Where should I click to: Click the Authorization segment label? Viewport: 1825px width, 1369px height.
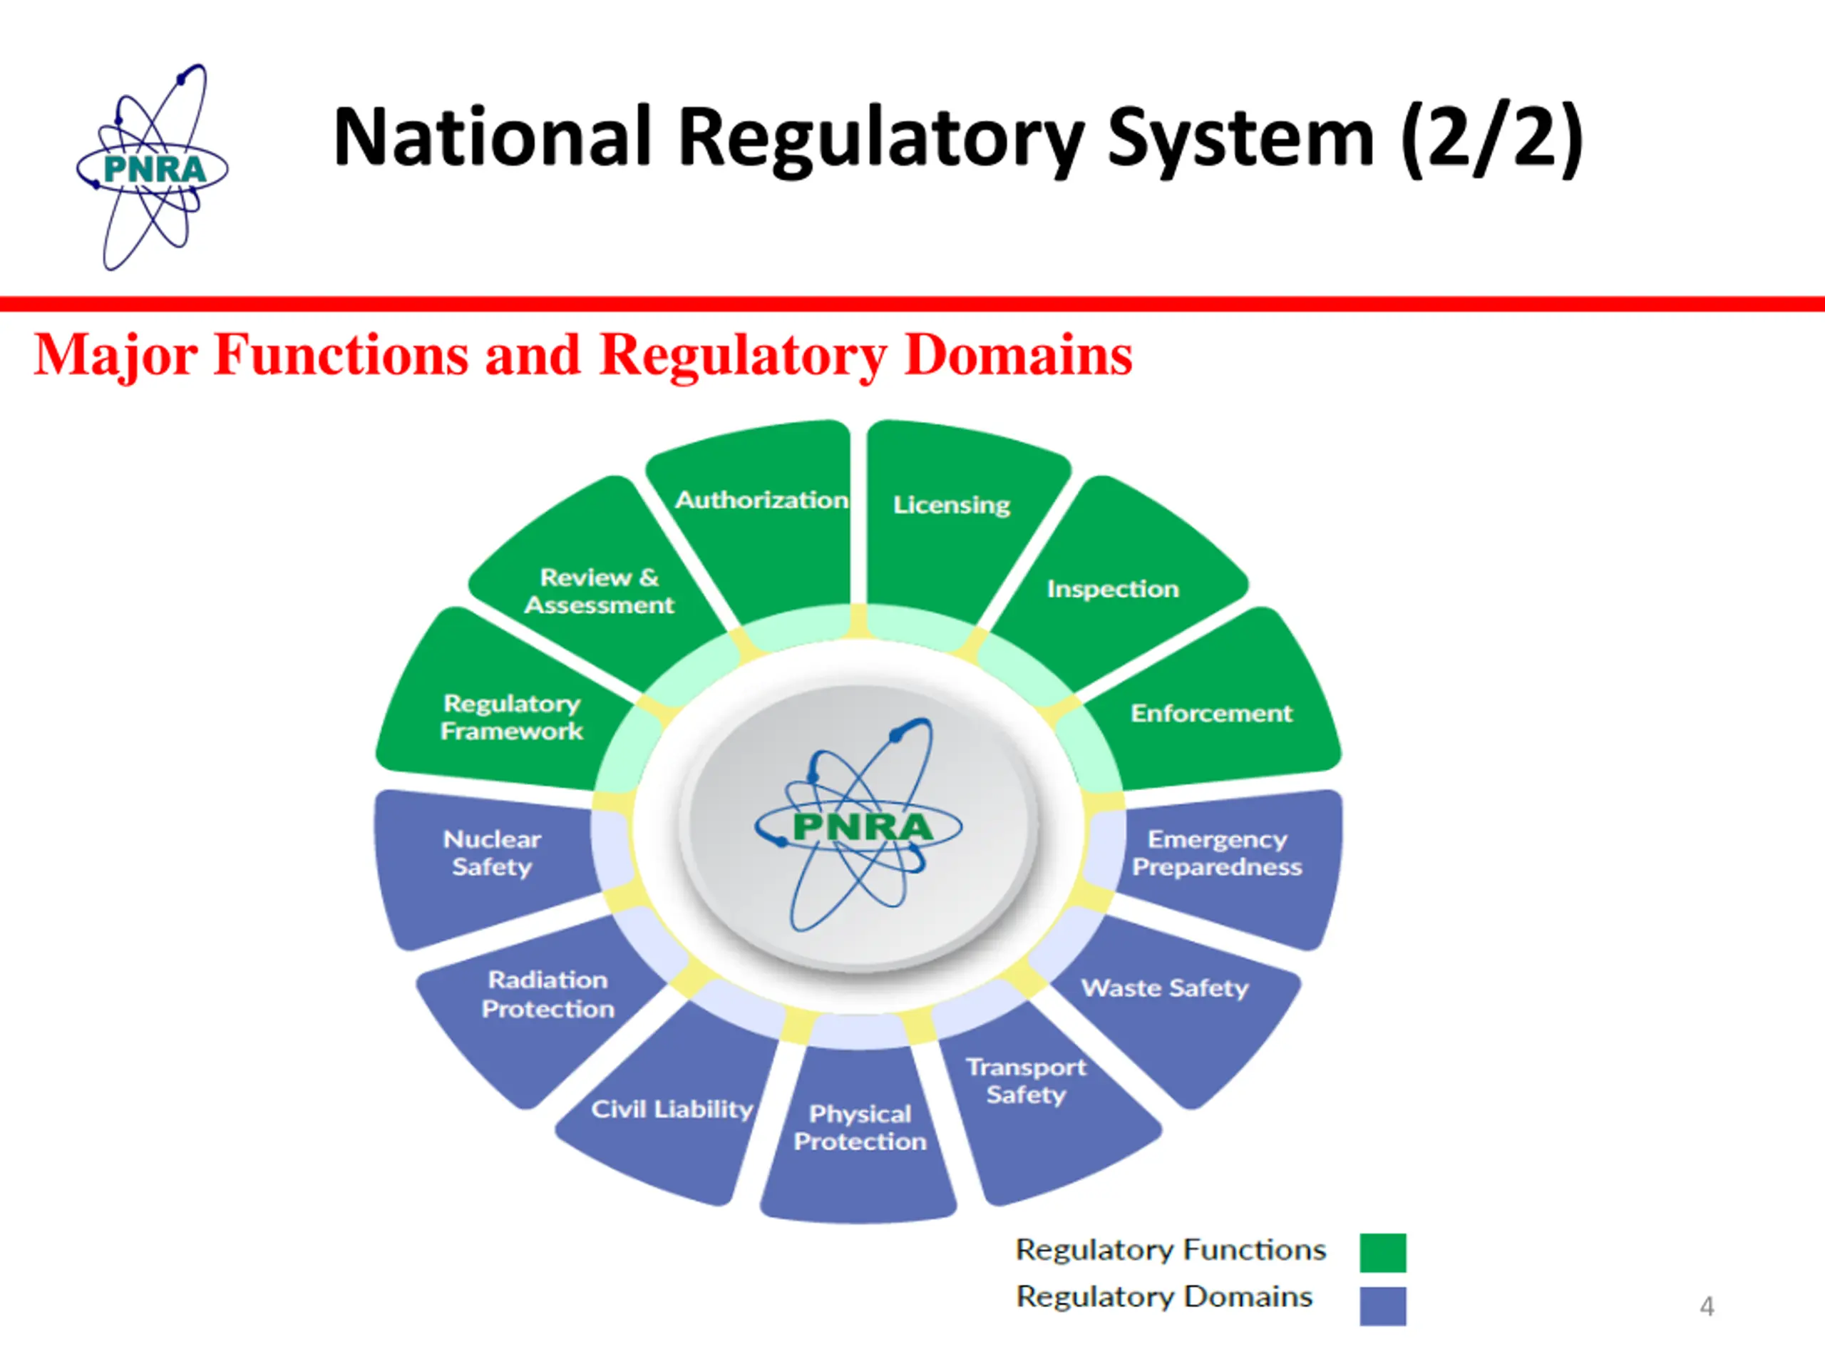pos(761,499)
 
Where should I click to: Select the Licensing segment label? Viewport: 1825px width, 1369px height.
pos(951,504)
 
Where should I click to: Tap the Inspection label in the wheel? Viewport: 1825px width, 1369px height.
pos(1112,588)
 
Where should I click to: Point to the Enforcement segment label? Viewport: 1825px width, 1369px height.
pos(1210,713)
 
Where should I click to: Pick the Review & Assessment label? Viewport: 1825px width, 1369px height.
pos(599,591)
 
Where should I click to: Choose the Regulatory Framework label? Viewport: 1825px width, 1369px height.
pos(512,717)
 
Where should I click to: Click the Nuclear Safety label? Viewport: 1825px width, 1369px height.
pos(492,853)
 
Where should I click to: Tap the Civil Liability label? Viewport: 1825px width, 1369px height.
pos(672,1108)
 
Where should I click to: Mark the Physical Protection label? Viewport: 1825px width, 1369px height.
pos(860,1127)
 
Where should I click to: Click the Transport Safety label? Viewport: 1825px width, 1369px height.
pos(1026,1080)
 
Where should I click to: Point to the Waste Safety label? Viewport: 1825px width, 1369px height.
pos(1164,988)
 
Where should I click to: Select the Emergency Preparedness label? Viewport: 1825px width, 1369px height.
pos(1216,853)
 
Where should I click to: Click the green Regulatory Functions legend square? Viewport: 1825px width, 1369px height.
pos(1383,1253)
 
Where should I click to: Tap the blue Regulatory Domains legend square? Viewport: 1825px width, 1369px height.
pos(1383,1306)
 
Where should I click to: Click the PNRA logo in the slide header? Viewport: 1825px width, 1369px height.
pos(153,168)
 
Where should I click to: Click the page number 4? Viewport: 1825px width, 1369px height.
pos(1706,1306)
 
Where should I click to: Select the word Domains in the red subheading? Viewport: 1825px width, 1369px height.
pos(1017,355)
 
